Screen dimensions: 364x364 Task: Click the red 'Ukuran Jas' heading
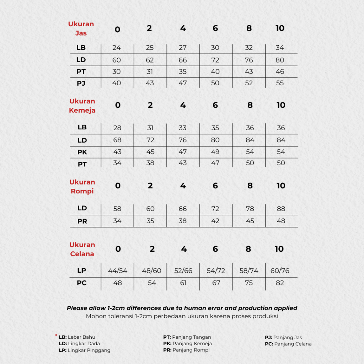tap(81, 29)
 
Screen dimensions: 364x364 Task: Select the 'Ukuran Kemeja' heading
tap(82, 106)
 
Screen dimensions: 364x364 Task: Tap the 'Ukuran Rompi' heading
tap(82, 187)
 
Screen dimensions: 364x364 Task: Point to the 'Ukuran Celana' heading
tap(82, 249)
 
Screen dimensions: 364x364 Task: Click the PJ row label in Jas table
tap(81, 84)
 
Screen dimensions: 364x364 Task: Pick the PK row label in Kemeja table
tap(82, 152)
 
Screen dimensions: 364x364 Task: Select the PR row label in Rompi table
tap(82, 221)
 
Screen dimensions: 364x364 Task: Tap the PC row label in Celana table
tap(82, 283)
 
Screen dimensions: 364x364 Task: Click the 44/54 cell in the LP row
tap(117, 271)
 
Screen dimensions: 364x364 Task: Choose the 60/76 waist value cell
tap(280, 271)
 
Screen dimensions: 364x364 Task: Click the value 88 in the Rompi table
tap(281, 209)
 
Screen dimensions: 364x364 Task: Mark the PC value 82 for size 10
tap(280, 283)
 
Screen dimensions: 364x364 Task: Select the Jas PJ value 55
tap(280, 83)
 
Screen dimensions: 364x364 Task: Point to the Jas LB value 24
tap(117, 48)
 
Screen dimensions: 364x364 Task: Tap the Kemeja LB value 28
tap(117, 128)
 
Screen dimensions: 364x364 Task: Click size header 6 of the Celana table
tap(215, 249)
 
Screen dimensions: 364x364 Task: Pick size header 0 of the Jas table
tap(117, 30)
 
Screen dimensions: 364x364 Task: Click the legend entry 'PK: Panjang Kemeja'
tap(187, 344)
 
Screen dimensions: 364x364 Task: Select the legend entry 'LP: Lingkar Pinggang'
tap(85, 350)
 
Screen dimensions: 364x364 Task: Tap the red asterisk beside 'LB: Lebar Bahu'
tap(56, 335)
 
